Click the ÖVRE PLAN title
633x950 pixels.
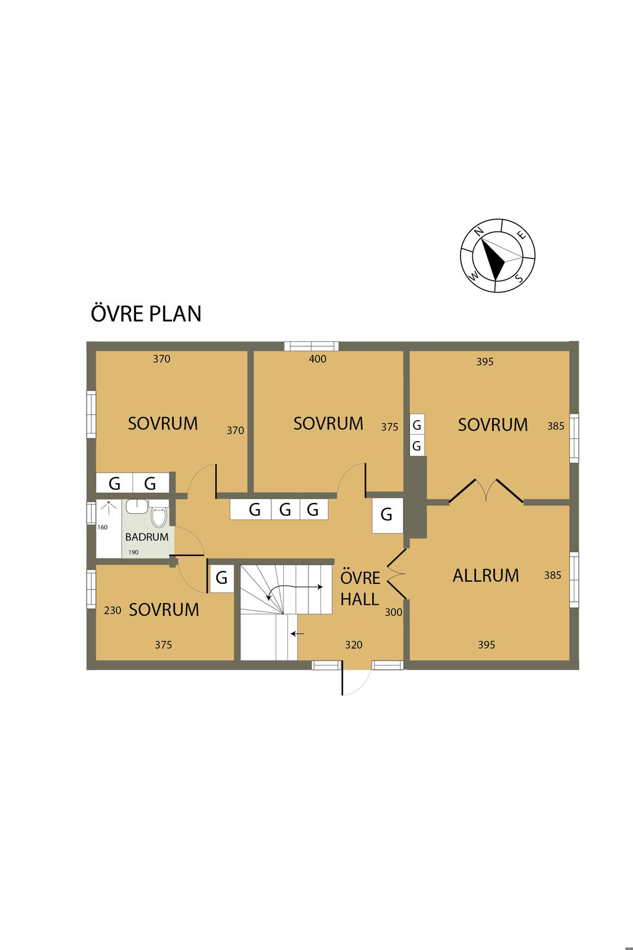pos(146,314)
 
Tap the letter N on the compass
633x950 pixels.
pos(479,231)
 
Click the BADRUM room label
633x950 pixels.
pos(147,537)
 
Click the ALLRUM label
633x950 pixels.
pos(486,576)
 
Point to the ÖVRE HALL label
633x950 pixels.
pos(360,589)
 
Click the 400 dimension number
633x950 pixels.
pos(318,359)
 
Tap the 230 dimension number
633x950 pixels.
pos(113,610)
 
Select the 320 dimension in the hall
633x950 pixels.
pos(354,645)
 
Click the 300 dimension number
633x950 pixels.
pos(393,612)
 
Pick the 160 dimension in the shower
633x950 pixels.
pos(103,527)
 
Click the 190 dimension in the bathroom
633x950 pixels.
pos(134,552)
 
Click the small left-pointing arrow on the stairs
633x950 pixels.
pos(297,633)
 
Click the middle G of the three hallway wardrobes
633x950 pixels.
pos(286,510)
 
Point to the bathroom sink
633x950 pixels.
pos(137,506)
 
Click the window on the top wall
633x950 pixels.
pos(312,346)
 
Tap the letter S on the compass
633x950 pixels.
pos(518,278)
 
